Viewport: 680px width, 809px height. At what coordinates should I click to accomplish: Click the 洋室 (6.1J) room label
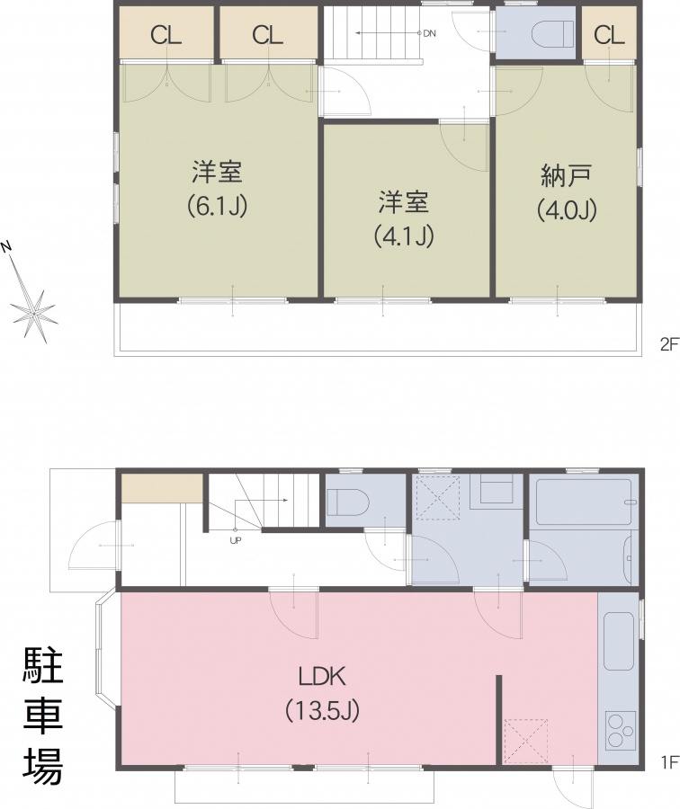pyautogui.click(x=218, y=189)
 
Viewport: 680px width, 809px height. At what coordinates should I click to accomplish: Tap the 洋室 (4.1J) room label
pyautogui.click(x=404, y=218)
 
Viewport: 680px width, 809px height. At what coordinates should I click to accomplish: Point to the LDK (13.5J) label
pyautogui.click(x=322, y=693)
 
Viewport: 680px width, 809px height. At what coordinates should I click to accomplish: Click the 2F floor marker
pyautogui.click(x=669, y=344)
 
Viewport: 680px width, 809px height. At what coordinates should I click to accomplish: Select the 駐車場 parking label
pyautogui.click(x=43, y=716)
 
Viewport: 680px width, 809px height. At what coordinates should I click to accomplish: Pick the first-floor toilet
pyautogui.click(x=347, y=502)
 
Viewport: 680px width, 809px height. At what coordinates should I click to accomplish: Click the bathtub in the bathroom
pyautogui.click(x=584, y=502)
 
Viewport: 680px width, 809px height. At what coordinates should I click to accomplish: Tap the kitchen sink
pyautogui.click(x=618, y=642)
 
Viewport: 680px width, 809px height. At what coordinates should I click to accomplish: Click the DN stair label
pyautogui.click(x=430, y=33)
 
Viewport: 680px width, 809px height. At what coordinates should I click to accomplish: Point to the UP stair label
pyautogui.click(x=236, y=541)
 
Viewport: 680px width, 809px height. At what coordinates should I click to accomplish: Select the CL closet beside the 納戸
pyautogui.click(x=609, y=35)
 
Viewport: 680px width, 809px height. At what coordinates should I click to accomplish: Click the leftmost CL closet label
pyautogui.click(x=166, y=35)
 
